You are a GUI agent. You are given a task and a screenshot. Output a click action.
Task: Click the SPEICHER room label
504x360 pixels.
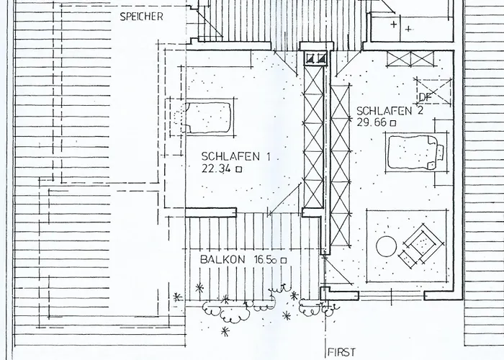coord(141,17)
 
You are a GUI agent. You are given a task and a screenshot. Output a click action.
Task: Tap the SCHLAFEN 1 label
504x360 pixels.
coord(235,156)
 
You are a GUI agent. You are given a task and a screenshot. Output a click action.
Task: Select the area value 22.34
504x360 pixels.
coord(216,168)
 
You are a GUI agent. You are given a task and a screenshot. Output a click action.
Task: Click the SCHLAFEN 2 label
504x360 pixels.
coord(390,111)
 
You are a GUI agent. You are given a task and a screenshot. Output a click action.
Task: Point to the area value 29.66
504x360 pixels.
coord(372,122)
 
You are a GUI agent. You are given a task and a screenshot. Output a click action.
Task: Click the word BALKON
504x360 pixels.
coord(222,259)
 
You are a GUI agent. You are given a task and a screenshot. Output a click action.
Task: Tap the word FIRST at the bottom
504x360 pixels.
coord(342,352)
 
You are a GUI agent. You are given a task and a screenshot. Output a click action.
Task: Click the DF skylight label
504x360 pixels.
coord(426,97)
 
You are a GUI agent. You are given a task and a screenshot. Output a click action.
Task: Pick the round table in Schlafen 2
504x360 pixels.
coord(387,246)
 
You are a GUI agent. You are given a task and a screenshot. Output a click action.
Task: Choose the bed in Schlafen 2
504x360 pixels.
coord(415,153)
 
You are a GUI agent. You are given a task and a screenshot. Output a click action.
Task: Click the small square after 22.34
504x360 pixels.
coord(239,169)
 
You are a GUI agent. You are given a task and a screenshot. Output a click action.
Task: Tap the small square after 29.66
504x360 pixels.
coord(393,123)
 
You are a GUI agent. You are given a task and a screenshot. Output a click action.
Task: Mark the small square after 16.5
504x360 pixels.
coord(283,261)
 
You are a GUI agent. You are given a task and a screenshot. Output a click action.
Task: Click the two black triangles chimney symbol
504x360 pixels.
coord(316,58)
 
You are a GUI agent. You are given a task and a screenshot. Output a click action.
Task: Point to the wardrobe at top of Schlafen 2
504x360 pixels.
coord(410,59)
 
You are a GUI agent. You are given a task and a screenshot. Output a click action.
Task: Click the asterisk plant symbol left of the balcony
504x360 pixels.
coord(176,297)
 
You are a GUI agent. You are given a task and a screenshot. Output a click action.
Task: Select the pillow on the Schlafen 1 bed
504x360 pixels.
coord(179,118)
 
